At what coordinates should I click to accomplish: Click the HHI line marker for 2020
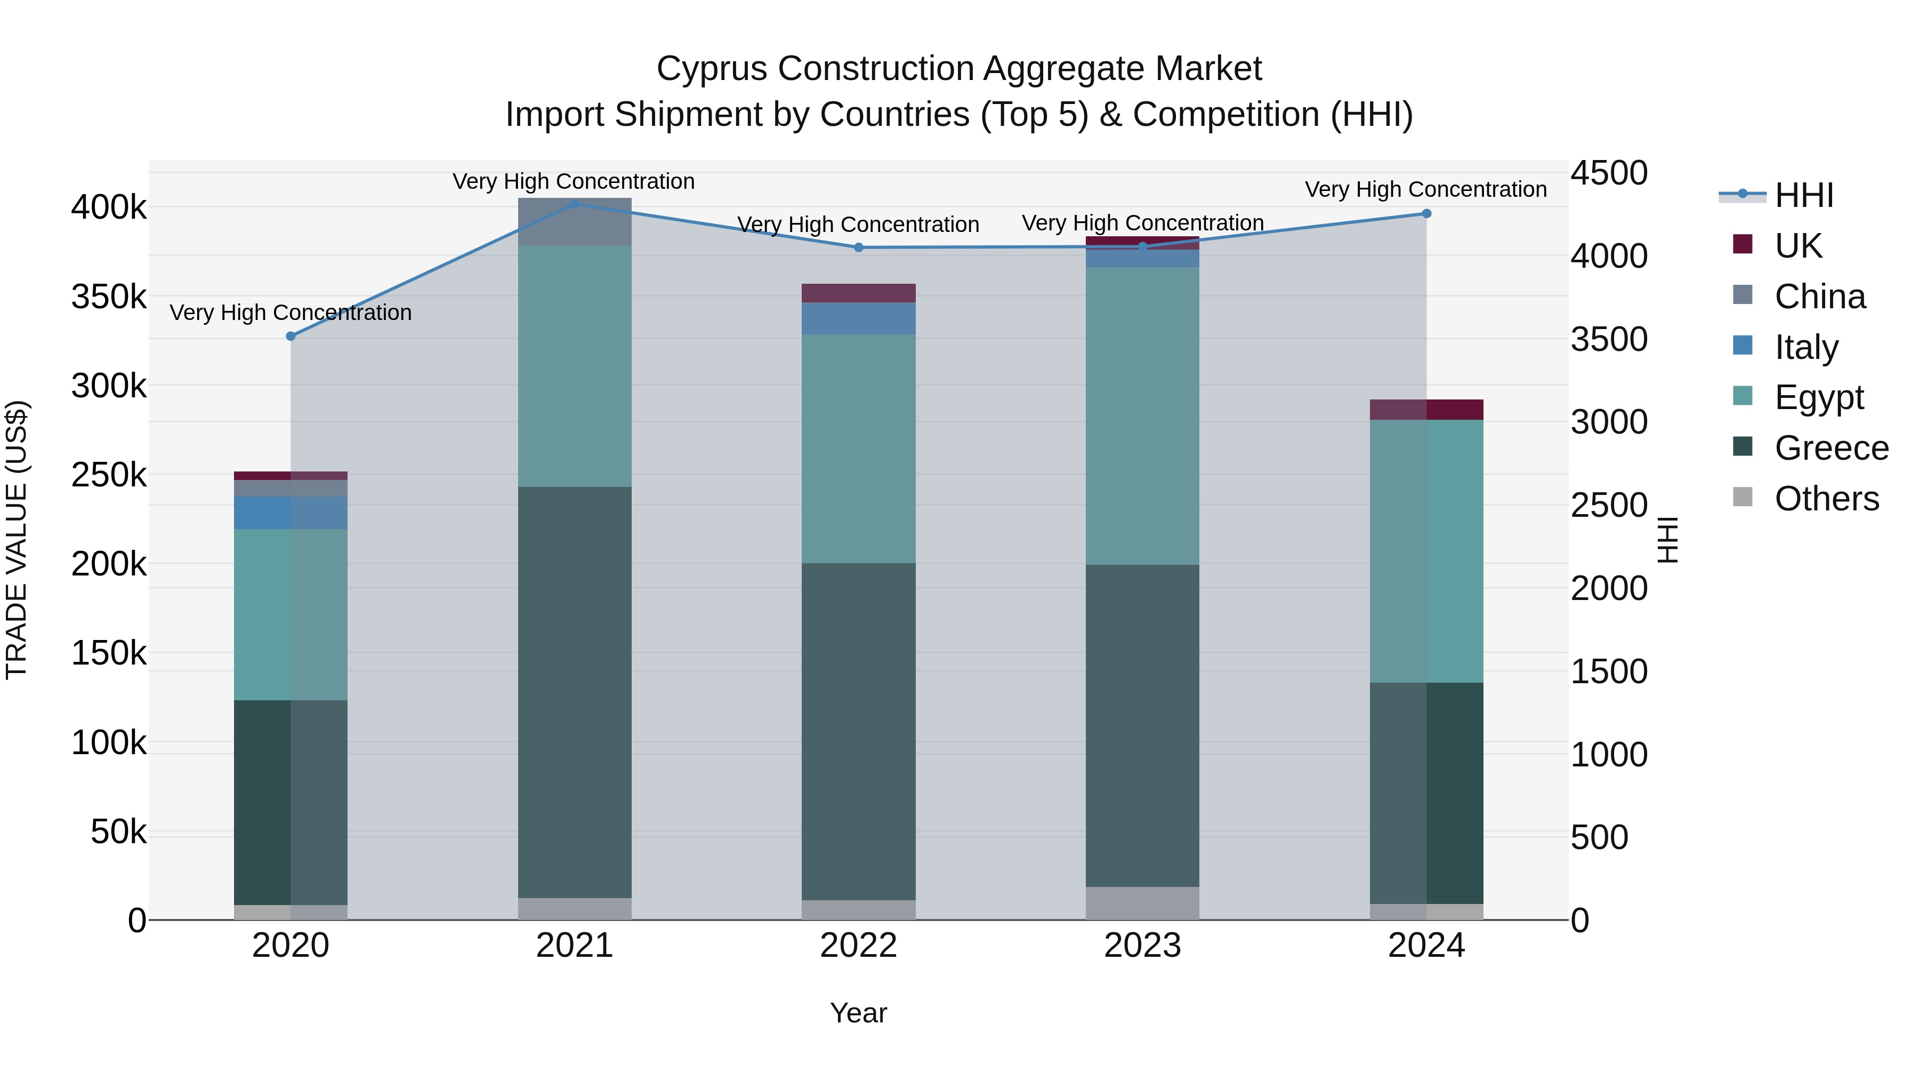coord(291,336)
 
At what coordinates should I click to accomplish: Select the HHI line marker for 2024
coord(1426,214)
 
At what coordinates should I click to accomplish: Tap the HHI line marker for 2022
coord(858,247)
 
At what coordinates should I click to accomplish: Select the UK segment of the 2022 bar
coord(858,293)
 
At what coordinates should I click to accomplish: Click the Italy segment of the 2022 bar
coord(858,318)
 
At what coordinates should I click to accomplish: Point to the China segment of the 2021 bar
coord(574,222)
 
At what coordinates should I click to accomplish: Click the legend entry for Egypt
coord(1818,397)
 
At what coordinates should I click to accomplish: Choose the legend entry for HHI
coord(1803,195)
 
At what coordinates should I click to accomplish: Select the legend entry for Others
coord(1825,499)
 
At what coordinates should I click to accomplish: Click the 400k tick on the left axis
coord(109,207)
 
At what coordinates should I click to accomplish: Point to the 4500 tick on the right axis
coord(1609,173)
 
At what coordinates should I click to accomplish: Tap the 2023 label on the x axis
coord(1142,946)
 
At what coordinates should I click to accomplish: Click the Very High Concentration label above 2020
coord(291,313)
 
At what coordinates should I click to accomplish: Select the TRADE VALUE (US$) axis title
coord(17,540)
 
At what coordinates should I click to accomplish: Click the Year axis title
coord(858,1013)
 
